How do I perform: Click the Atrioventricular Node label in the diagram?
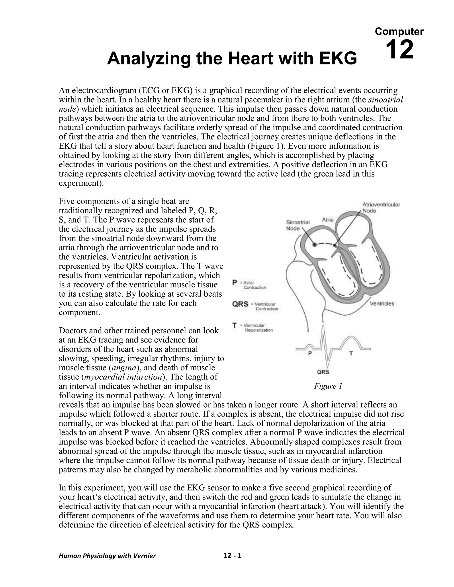381,208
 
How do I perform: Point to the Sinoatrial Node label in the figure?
297,225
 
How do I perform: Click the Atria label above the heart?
328,220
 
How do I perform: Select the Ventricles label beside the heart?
382,303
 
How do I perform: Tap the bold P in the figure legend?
235,282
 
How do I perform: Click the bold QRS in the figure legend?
240,304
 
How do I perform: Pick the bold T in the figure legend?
235,325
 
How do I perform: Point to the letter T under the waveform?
351,354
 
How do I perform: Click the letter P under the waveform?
310,354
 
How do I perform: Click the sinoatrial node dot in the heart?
314,245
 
